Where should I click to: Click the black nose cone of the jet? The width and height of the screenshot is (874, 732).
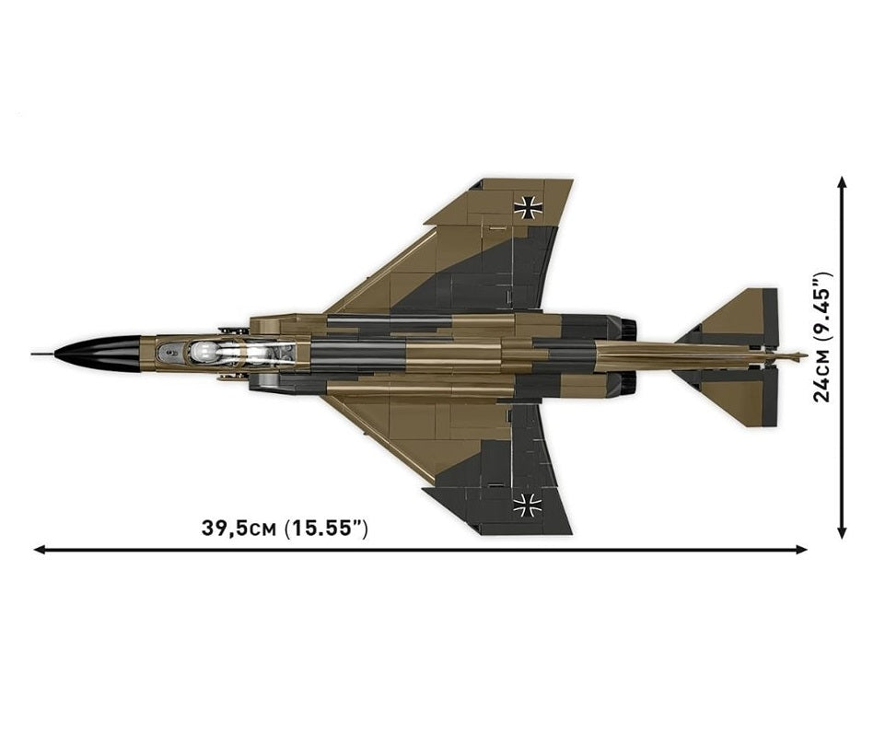point(100,354)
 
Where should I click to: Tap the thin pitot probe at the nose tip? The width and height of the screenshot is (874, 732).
point(43,354)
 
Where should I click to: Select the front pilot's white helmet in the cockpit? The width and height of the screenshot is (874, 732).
point(201,352)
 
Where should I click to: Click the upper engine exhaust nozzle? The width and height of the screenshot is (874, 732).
point(629,328)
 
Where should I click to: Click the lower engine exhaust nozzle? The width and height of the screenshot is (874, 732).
point(629,381)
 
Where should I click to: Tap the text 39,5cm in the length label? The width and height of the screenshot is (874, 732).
point(239,528)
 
